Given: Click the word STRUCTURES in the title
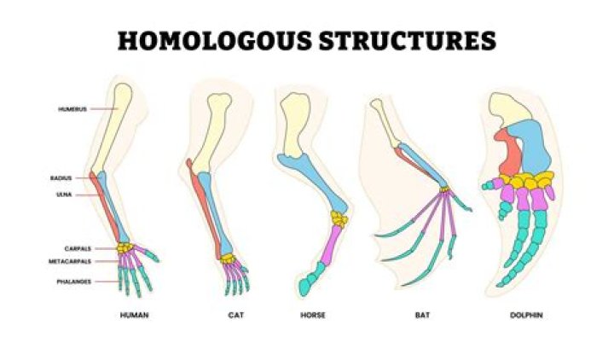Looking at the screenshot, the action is click(x=408, y=40).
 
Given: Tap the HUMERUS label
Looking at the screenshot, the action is click(x=72, y=109).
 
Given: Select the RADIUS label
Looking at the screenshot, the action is click(x=61, y=178).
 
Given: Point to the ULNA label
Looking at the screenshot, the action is click(x=64, y=195).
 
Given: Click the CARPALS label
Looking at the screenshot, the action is click(x=78, y=249).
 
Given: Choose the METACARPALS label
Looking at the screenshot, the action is click(x=70, y=261).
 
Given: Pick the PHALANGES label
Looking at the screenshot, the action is click(x=74, y=282).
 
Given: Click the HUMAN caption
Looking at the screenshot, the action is click(x=135, y=315).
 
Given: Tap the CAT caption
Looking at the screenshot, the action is click(x=236, y=315).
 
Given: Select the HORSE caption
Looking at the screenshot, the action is click(x=313, y=315).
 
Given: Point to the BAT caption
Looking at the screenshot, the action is click(x=422, y=315).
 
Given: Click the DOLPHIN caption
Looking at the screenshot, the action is click(x=527, y=315).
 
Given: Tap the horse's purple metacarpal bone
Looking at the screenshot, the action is click(x=332, y=244).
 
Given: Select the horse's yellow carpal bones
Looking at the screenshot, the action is click(x=339, y=219).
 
